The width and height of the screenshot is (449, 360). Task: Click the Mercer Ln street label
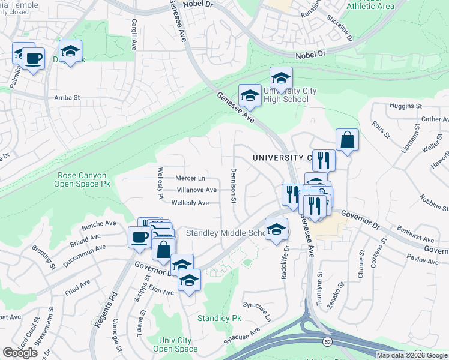(x=190, y=178)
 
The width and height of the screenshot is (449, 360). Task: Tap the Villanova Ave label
(x=196, y=190)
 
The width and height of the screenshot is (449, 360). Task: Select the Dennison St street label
(x=233, y=184)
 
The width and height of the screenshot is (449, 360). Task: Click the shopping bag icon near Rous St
(x=347, y=140)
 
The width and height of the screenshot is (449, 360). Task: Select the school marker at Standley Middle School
(x=277, y=230)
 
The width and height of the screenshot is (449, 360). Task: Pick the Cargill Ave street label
(x=134, y=34)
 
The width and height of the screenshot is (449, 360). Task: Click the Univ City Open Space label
(x=175, y=344)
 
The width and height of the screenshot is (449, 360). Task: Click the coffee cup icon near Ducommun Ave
(x=138, y=236)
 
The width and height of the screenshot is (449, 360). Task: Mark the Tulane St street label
(x=142, y=322)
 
